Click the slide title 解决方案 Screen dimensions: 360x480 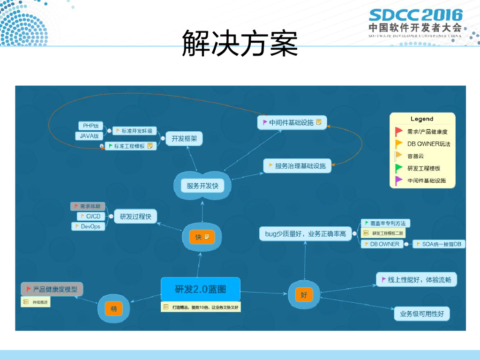(240, 43)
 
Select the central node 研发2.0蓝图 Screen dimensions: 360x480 (200, 289)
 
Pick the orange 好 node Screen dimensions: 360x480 (304, 295)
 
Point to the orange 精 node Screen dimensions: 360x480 (113, 308)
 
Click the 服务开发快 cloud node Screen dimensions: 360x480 (202, 186)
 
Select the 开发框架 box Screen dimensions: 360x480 (184, 138)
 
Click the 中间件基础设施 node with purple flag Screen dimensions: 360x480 (292, 123)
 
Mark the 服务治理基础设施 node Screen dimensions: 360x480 (297, 165)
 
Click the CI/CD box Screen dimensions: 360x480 (91, 216)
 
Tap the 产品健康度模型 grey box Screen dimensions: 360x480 (52, 289)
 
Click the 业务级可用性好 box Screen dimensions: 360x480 (421, 314)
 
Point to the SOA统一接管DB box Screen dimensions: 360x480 (439, 244)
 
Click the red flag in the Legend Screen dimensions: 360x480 (399, 132)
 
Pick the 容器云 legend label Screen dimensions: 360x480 (416, 156)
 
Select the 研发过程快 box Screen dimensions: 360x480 (135, 216)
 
